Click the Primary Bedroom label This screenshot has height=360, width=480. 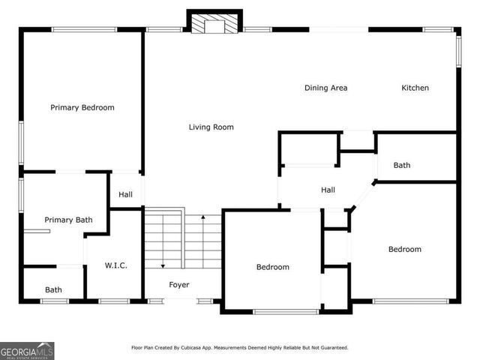coord(82,107)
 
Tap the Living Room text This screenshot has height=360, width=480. coord(211,127)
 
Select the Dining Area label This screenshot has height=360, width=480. coord(325,88)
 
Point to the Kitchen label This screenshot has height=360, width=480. coord(415,88)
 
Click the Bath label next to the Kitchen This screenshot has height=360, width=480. coord(402,165)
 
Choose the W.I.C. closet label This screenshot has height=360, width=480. coord(115,265)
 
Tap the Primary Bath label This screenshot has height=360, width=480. coord(68,220)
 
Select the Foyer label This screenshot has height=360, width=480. coord(178,284)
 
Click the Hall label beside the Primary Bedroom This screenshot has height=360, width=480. coord(125,194)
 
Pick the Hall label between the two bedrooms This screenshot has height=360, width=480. coord(328,190)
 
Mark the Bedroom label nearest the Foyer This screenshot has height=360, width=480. coord(272,266)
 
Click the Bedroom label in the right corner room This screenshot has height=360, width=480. coord(404,249)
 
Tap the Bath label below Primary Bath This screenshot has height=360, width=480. coord(53,289)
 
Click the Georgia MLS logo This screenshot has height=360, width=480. coord(27,350)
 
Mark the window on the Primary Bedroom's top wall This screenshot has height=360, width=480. coord(84,29)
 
